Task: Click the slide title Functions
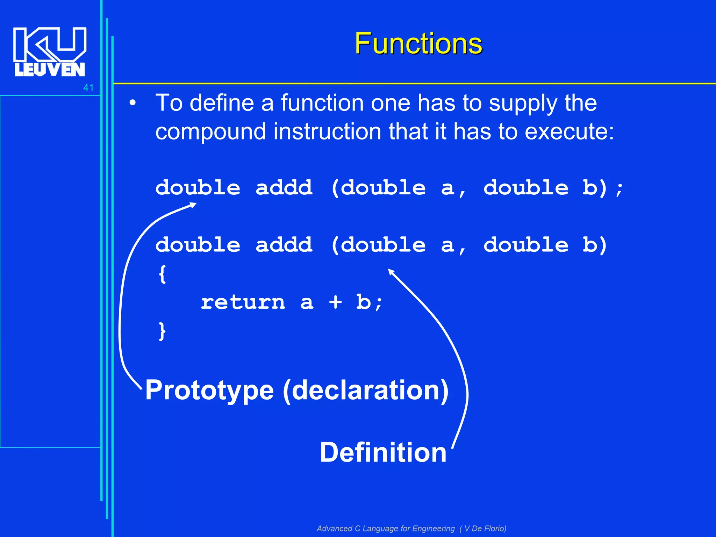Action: pyautogui.click(x=418, y=43)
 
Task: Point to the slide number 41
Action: pyautogui.click(x=88, y=88)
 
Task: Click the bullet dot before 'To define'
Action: pyautogui.click(x=132, y=103)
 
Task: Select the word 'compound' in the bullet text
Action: pyautogui.click(x=210, y=132)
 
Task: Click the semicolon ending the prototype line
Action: pyautogui.click(x=620, y=189)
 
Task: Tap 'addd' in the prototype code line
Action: pyautogui.click(x=284, y=188)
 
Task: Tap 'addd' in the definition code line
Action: pyautogui.click(x=284, y=245)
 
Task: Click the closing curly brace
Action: pyautogui.click(x=162, y=331)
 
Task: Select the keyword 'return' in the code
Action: pyautogui.click(x=243, y=302)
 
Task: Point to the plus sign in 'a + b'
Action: pyautogui.click(x=335, y=302)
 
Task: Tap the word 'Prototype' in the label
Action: pyautogui.click(x=209, y=391)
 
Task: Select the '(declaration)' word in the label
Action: pyautogui.click(x=365, y=391)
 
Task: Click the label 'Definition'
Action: pyautogui.click(x=383, y=452)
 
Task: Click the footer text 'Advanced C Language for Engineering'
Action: pyautogui.click(x=386, y=528)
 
